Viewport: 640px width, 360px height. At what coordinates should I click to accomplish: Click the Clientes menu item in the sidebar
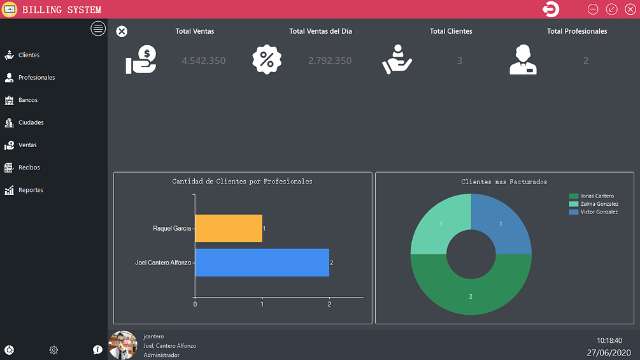(x=28, y=55)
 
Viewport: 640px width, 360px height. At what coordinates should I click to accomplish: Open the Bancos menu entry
(x=27, y=101)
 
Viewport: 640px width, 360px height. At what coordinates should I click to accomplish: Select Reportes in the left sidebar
(x=30, y=191)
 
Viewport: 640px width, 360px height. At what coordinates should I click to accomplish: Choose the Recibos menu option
(x=29, y=168)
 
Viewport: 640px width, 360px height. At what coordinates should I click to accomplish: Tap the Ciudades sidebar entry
(x=31, y=122)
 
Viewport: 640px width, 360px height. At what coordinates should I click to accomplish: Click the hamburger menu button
(x=98, y=29)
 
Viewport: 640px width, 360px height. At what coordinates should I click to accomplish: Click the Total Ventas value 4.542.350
(x=203, y=61)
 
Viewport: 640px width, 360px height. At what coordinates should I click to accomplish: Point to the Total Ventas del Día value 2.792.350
(x=329, y=61)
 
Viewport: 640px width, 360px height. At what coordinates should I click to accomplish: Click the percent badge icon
(x=267, y=60)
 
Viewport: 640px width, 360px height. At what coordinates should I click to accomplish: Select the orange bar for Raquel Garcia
(x=228, y=228)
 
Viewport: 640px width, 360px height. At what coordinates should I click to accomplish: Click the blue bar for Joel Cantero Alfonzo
(x=262, y=263)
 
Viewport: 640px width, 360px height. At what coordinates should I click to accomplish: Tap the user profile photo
(x=123, y=345)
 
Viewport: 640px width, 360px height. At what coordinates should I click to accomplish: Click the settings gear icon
(x=54, y=350)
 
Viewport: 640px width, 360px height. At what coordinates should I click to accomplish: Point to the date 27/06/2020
(x=608, y=352)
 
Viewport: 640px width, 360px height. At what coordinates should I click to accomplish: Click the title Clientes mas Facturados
(x=504, y=182)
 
